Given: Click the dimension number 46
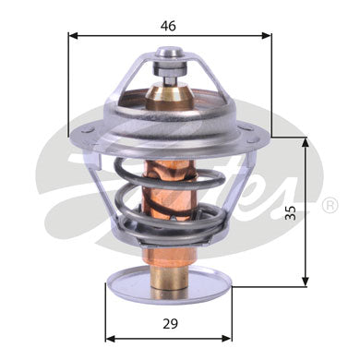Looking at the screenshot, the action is (x=168, y=26).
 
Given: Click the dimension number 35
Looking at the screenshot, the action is (x=290, y=212).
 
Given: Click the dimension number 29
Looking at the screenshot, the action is (x=170, y=324).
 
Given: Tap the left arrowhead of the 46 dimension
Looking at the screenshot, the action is (x=73, y=36).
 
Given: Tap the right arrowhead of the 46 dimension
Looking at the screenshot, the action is (x=267, y=36).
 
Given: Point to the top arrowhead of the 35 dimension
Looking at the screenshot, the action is (x=306, y=142).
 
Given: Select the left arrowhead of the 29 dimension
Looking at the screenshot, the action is (x=111, y=339).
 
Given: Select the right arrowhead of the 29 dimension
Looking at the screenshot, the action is (x=227, y=339).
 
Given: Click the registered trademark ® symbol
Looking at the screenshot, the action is (x=330, y=205).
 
